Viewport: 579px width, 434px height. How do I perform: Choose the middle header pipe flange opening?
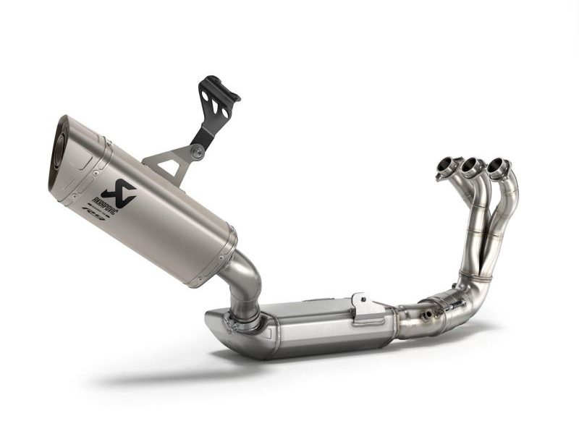(472, 166)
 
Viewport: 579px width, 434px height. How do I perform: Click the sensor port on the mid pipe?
(428, 315)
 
